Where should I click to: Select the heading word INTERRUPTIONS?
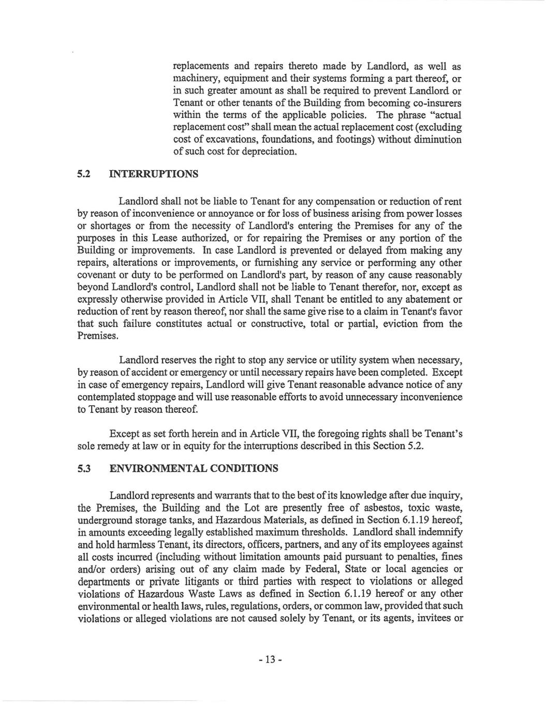pos(154,174)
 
